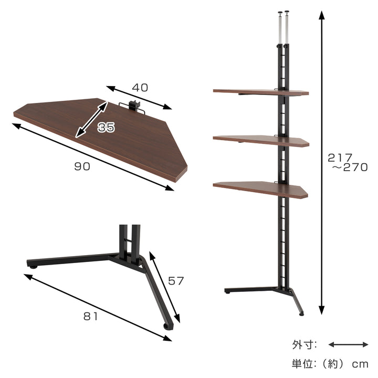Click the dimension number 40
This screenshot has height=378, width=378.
pos(140,88)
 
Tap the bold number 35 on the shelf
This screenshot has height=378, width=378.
pos(106,127)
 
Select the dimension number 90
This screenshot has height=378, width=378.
pos(82,166)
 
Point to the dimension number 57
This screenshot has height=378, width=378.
pos(176,281)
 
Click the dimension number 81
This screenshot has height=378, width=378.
pos(91,316)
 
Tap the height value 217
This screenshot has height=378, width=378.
pos(340,158)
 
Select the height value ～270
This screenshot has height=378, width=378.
pos(350,167)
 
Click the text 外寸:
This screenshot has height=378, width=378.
pos(304,345)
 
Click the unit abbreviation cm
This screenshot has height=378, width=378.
pos(360,364)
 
